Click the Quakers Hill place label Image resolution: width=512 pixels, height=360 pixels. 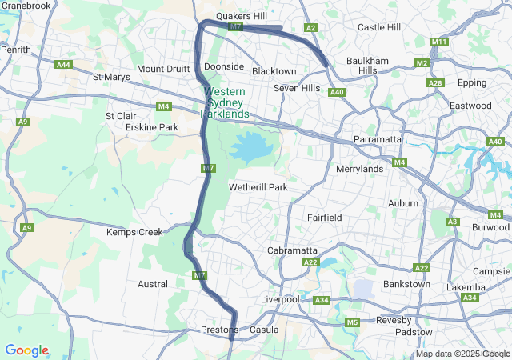click(242, 16)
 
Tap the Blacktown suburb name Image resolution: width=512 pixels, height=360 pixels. click(274, 71)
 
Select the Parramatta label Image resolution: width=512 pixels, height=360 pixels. click(378, 139)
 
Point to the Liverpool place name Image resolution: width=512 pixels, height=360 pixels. click(280, 299)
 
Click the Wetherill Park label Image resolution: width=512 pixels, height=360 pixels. click(258, 187)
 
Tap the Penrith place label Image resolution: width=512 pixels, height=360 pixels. click(16, 50)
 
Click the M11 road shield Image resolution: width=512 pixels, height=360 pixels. click(438, 42)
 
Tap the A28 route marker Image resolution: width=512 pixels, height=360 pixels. click(436, 83)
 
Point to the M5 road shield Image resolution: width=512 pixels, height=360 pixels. click(353, 322)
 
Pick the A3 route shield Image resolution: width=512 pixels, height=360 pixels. click(453, 222)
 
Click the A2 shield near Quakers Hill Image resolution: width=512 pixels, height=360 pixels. click(311, 28)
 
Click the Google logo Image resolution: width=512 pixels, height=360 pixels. click(26, 350)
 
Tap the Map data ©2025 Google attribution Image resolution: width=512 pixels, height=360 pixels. click(462, 354)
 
